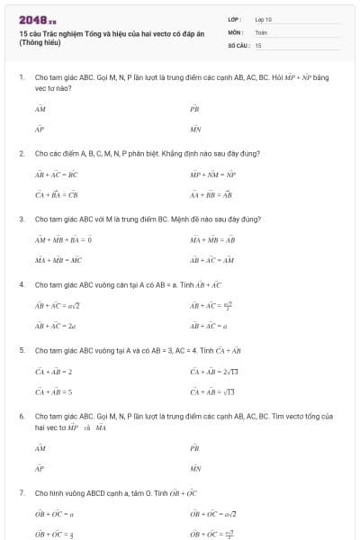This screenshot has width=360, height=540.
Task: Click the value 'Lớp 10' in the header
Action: [264, 19]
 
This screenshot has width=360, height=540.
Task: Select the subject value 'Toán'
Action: [261, 31]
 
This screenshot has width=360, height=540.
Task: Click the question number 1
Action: [21, 77]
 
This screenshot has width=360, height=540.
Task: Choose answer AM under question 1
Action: [40, 107]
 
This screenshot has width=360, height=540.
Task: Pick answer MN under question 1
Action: [195, 130]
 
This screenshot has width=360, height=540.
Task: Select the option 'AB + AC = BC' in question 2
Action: [56, 174]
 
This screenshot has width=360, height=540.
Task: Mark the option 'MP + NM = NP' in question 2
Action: [212, 174]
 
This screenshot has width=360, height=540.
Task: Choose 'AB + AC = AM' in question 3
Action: [211, 260]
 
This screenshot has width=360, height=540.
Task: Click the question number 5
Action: [21, 349]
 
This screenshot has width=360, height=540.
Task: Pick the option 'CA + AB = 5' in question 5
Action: [53, 391]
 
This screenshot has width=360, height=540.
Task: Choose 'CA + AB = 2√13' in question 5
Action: [215, 371]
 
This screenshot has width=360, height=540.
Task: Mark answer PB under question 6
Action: [194, 447]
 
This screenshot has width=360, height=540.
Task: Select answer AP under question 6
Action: [40, 469]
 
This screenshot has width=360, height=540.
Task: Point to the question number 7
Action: [21, 493]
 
